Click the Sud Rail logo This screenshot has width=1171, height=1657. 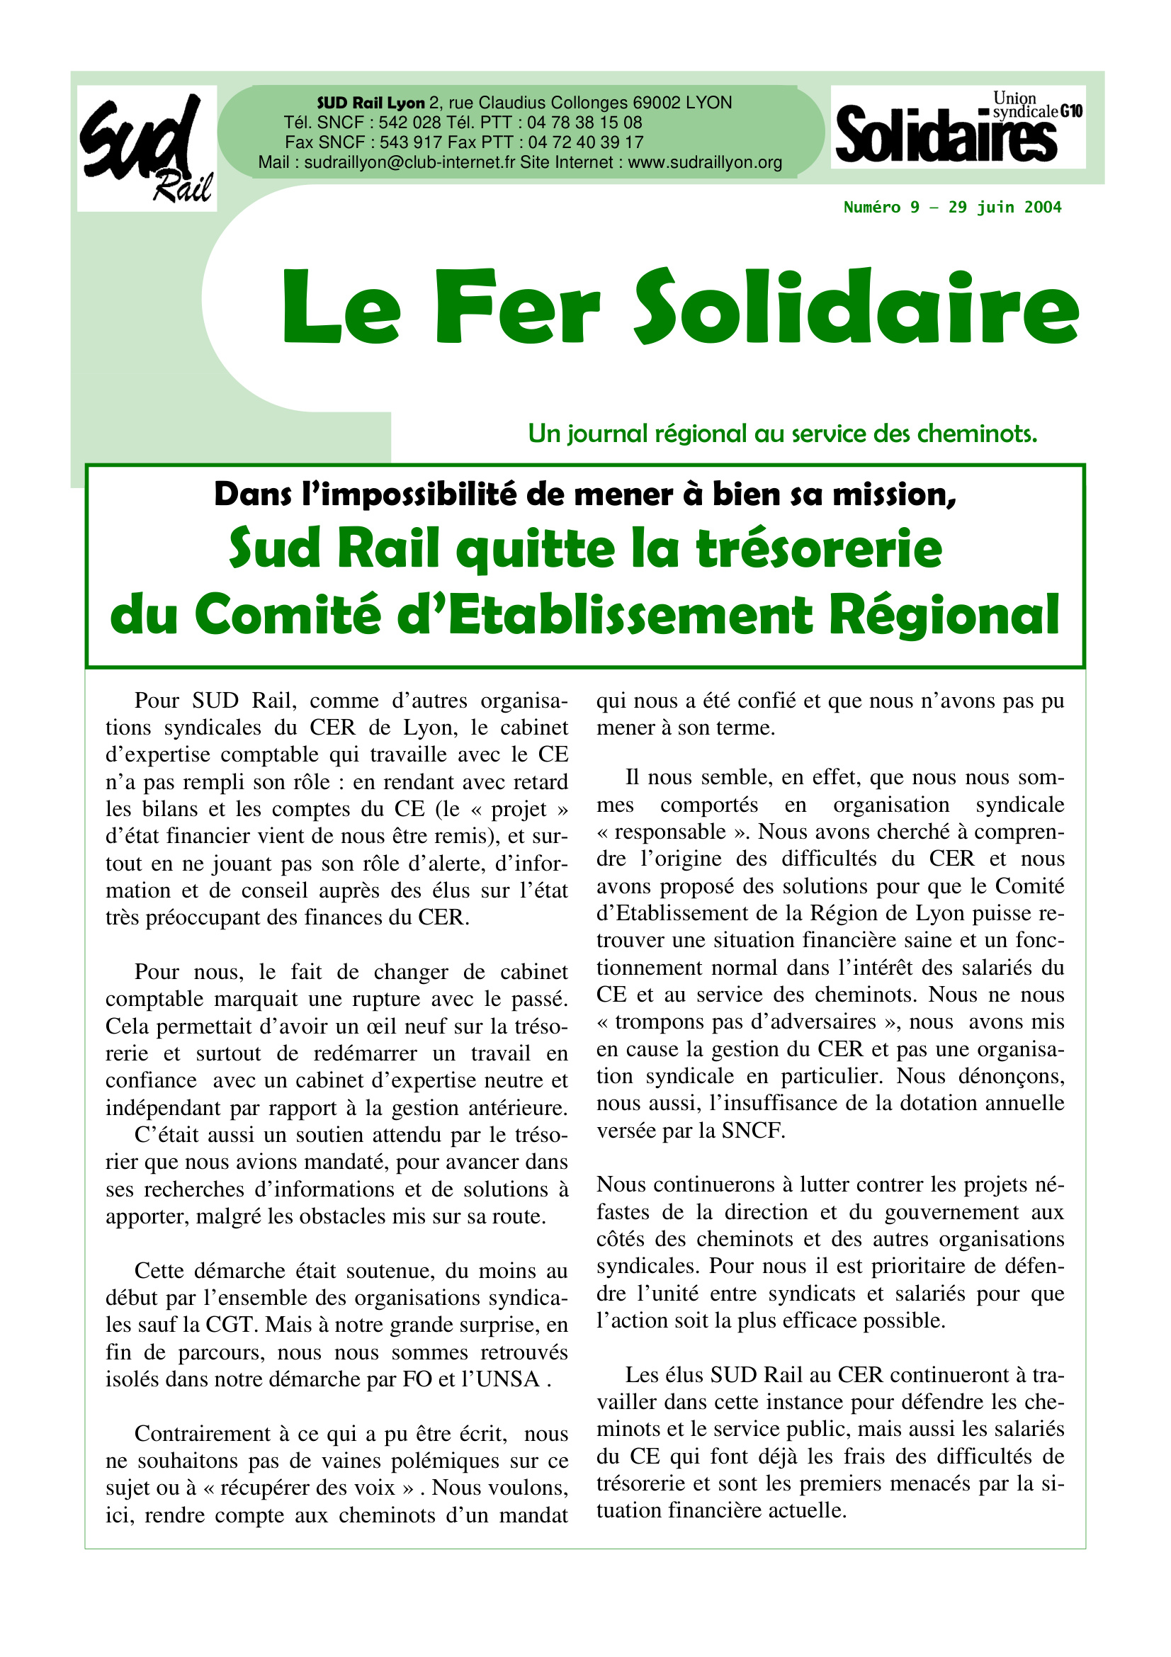click(x=147, y=148)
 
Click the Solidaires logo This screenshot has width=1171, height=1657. click(x=957, y=127)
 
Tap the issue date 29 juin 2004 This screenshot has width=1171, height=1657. click(x=1005, y=208)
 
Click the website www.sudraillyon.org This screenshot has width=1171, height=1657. click(x=705, y=163)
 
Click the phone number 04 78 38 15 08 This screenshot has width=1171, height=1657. click(x=584, y=123)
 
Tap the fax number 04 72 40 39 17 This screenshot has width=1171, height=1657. click(x=585, y=143)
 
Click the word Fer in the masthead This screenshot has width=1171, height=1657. click(x=516, y=306)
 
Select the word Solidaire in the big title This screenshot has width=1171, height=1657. click(x=856, y=306)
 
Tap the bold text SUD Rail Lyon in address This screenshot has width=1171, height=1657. click(x=371, y=103)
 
